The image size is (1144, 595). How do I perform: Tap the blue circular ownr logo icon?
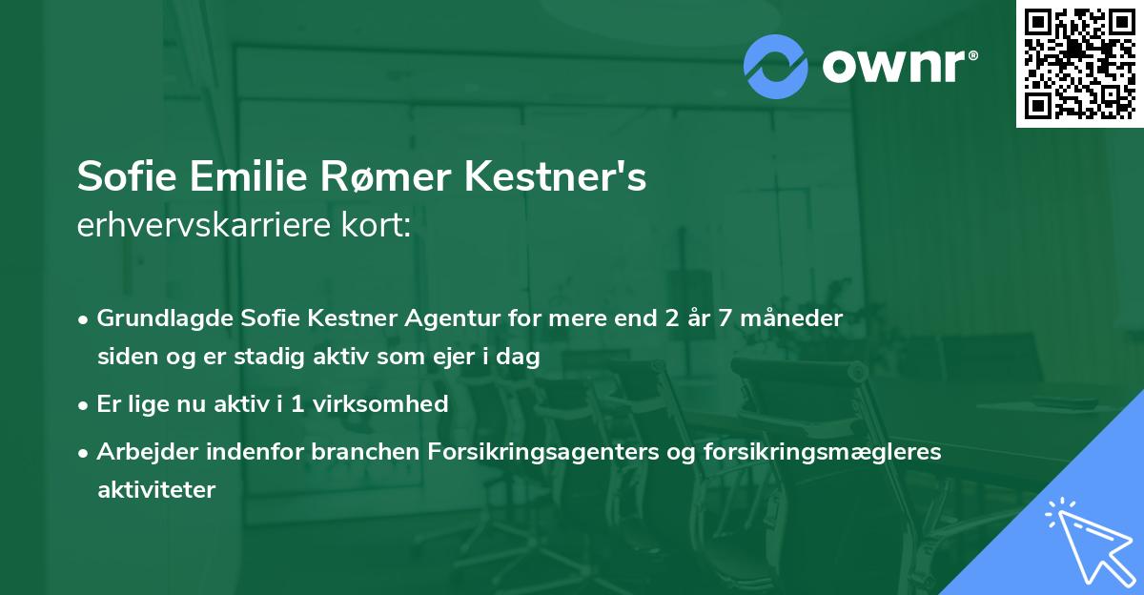776,66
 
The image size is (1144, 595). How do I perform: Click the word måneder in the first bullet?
797,318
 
